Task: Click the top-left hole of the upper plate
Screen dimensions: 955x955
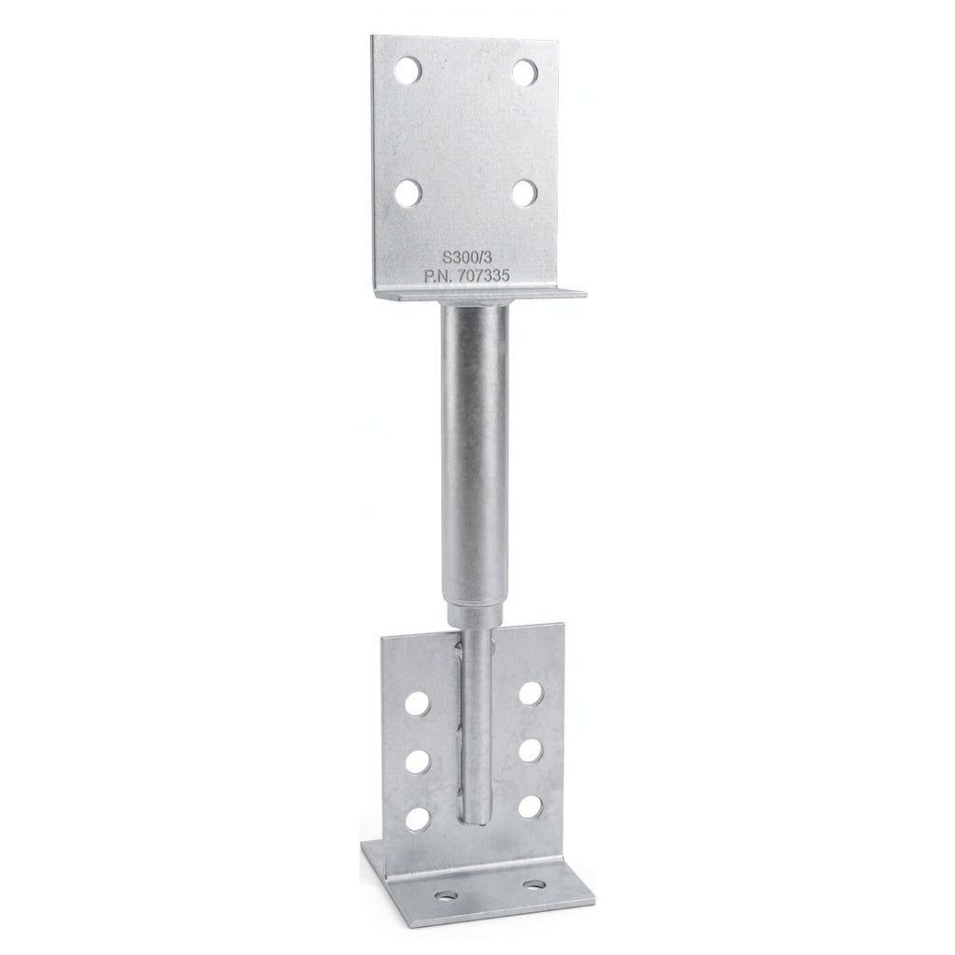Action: [x=408, y=71]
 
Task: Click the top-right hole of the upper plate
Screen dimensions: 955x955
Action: [x=524, y=72]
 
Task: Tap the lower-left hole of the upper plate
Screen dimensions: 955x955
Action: [x=408, y=193]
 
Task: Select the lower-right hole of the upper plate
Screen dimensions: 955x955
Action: [x=524, y=193]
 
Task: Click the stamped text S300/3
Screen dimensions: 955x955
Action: [x=466, y=256]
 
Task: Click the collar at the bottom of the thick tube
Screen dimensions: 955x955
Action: [x=475, y=614]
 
